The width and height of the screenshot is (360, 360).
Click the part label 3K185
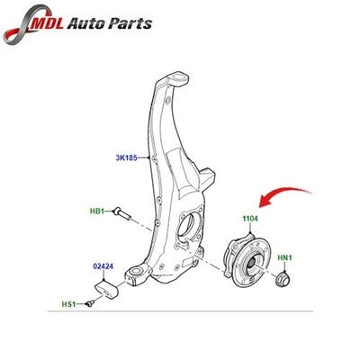click(x=126, y=157)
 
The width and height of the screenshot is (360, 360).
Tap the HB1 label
click(x=97, y=211)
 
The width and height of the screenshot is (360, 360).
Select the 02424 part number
click(x=103, y=266)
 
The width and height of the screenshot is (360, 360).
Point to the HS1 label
click(x=68, y=304)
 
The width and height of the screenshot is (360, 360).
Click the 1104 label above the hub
click(x=250, y=219)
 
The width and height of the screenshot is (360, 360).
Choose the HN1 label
click(x=284, y=257)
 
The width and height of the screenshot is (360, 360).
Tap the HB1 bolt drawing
click(x=122, y=213)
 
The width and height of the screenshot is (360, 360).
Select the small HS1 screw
click(x=90, y=303)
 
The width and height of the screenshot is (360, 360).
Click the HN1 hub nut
click(x=283, y=279)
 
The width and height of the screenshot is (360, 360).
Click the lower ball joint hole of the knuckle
click(x=136, y=272)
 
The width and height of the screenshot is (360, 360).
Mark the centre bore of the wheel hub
click(x=251, y=263)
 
